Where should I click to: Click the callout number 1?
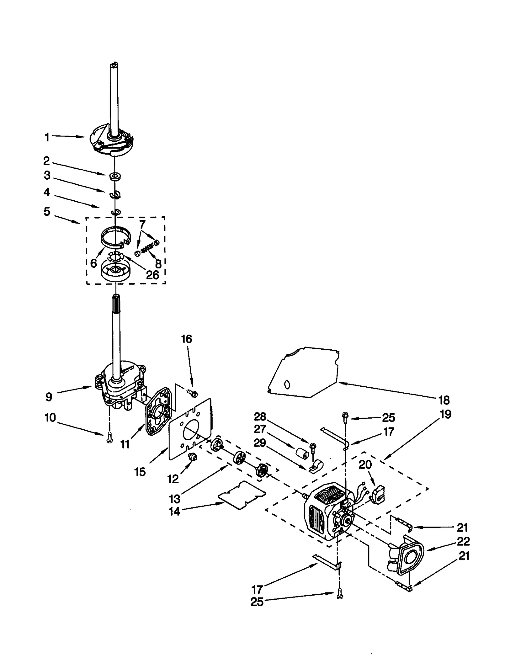47,138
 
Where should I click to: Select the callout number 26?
152,275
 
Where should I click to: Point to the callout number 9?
48,397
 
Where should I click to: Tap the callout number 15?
140,472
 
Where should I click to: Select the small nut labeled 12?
193,457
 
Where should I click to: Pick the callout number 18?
444,400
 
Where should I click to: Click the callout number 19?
446,414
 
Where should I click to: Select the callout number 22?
463,541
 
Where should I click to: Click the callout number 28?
260,416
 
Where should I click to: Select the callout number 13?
175,498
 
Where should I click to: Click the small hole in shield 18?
287,385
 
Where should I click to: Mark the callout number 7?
142,223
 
